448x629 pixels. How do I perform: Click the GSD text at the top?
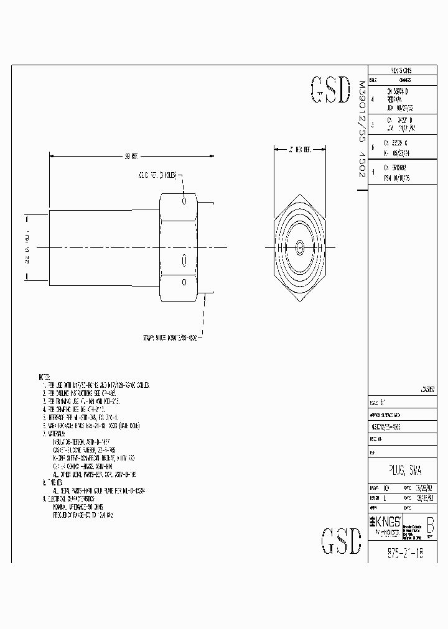(x=330, y=91)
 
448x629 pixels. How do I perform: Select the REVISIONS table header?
(x=401, y=70)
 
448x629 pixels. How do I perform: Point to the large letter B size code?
(x=429, y=526)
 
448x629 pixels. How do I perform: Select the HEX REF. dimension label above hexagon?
(x=299, y=149)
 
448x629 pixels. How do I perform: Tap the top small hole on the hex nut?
(x=184, y=201)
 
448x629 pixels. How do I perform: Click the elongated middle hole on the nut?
(x=184, y=260)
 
